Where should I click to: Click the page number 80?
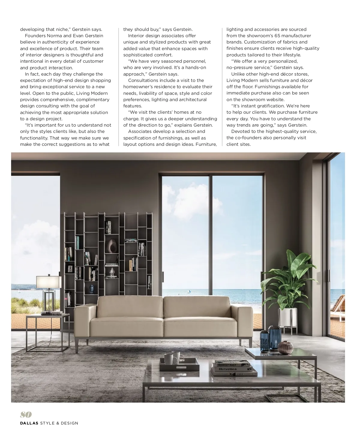pos(26,415)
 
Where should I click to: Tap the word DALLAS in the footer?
pos(29,423)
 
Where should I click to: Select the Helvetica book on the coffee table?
pos(228,369)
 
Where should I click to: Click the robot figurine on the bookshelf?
pos(112,272)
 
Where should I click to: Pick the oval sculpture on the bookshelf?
pos(112,246)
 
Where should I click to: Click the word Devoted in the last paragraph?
pos(240,131)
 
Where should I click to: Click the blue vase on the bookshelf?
pos(91,289)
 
